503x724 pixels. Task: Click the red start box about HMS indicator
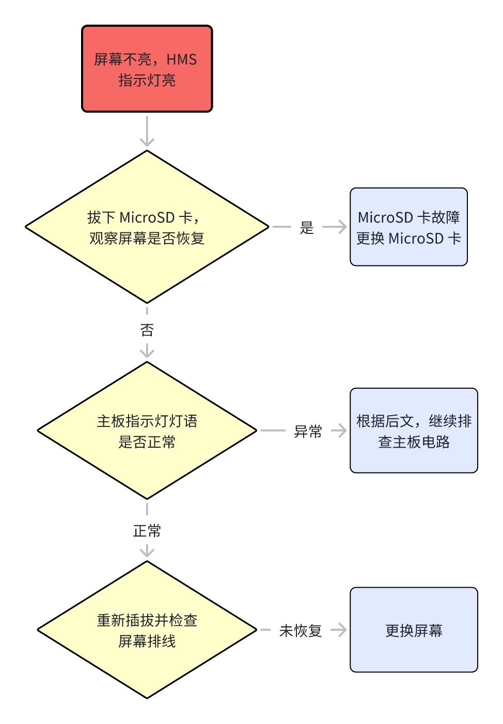click(x=147, y=69)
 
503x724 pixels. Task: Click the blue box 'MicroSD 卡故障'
click(x=408, y=227)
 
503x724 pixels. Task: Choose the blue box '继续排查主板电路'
click(x=414, y=431)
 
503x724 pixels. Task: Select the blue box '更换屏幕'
click(x=414, y=630)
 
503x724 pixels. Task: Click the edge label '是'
click(x=307, y=227)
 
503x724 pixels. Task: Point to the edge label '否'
click(x=147, y=330)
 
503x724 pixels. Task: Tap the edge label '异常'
click(x=308, y=431)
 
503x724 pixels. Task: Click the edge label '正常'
click(x=147, y=531)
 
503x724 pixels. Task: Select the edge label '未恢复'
click(x=301, y=631)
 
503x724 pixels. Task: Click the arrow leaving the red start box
click(x=147, y=131)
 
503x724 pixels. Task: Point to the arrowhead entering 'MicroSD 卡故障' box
click(x=342, y=227)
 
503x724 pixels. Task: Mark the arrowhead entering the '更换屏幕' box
click(x=342, y=630)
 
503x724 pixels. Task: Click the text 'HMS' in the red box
click(x=181, y=59)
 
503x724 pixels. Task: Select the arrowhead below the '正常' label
click(x=147, y=553)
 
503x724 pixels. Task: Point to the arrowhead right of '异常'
click(x=342, y=431)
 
